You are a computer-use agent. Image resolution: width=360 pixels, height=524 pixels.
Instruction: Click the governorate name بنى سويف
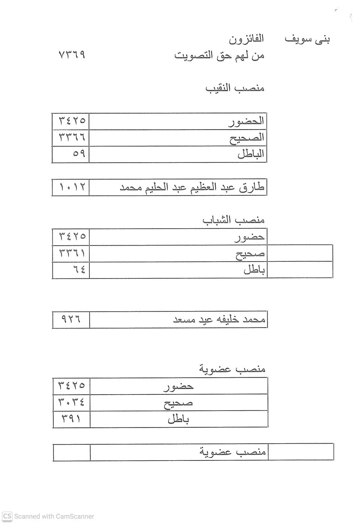[307, 39]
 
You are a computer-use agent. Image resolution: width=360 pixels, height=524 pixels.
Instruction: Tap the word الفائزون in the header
[246, 39]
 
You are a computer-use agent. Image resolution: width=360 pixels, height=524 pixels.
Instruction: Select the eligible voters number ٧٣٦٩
[72, 55]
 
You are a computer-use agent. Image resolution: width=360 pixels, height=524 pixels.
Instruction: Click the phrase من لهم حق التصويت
[219, 56]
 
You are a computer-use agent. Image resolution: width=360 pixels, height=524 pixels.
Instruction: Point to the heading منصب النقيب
[235, 89]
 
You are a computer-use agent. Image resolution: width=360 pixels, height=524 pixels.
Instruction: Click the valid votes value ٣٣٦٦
[72, 137]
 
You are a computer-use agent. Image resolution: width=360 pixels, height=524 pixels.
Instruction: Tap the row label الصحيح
[247, 138]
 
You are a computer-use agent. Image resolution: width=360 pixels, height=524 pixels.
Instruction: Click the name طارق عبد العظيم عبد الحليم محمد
[192, 188]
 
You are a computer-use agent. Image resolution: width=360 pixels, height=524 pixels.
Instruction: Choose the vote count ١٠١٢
[72, 188]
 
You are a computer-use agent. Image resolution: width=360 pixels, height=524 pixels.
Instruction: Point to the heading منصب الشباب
[234, 220]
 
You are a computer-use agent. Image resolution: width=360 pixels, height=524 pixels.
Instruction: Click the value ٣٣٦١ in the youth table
[72, 253]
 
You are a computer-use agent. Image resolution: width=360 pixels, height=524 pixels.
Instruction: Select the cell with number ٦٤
[79, 269]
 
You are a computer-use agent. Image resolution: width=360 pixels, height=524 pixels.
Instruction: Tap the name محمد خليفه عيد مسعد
[219, 320]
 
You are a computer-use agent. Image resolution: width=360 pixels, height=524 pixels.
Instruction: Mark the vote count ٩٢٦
[71, 320]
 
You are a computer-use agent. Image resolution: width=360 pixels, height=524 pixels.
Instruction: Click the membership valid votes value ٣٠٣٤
[71, 402]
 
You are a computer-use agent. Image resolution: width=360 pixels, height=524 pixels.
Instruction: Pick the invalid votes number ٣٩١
[71, 419]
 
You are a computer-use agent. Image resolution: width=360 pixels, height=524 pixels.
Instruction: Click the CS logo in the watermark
[7, 517]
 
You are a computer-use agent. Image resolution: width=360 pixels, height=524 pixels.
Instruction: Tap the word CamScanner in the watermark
[75, 517]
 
